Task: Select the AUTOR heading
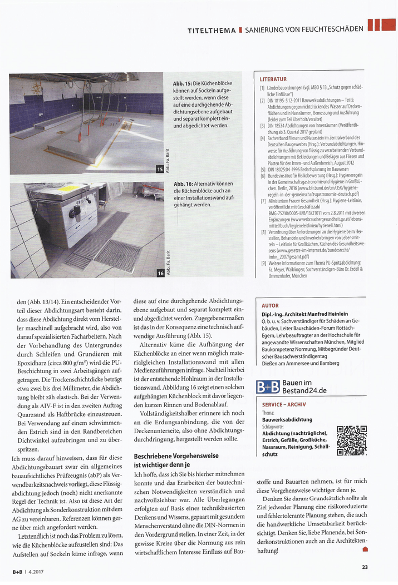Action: coord(270,305)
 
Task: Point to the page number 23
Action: coord(365,567)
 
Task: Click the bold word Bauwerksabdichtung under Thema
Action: coord(287,420)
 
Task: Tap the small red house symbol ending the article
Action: coord(365,550)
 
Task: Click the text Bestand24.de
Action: coord(304,390)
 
